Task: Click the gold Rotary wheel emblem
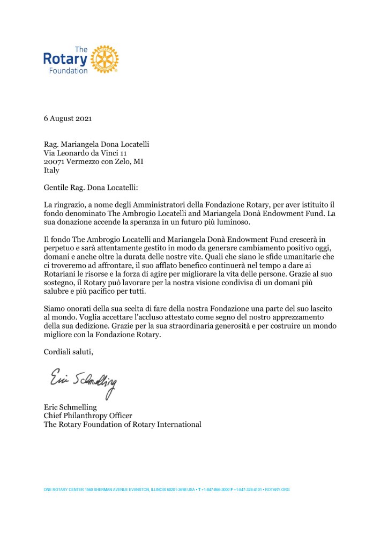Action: pos(105,59)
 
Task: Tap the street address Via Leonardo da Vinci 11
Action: pos(87,153)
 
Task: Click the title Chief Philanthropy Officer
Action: pos(88,416)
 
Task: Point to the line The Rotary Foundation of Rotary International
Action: pos(122,425)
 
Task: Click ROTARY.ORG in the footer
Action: pos(278,489)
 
